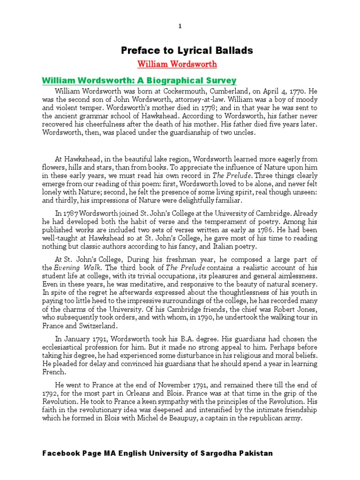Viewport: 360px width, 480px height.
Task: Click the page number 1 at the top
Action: [180, 27]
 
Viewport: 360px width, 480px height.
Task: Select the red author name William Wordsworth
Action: [171, 63]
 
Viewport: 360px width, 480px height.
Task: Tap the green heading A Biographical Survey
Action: [139, 80]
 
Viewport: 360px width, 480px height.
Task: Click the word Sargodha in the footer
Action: [207, 453]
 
